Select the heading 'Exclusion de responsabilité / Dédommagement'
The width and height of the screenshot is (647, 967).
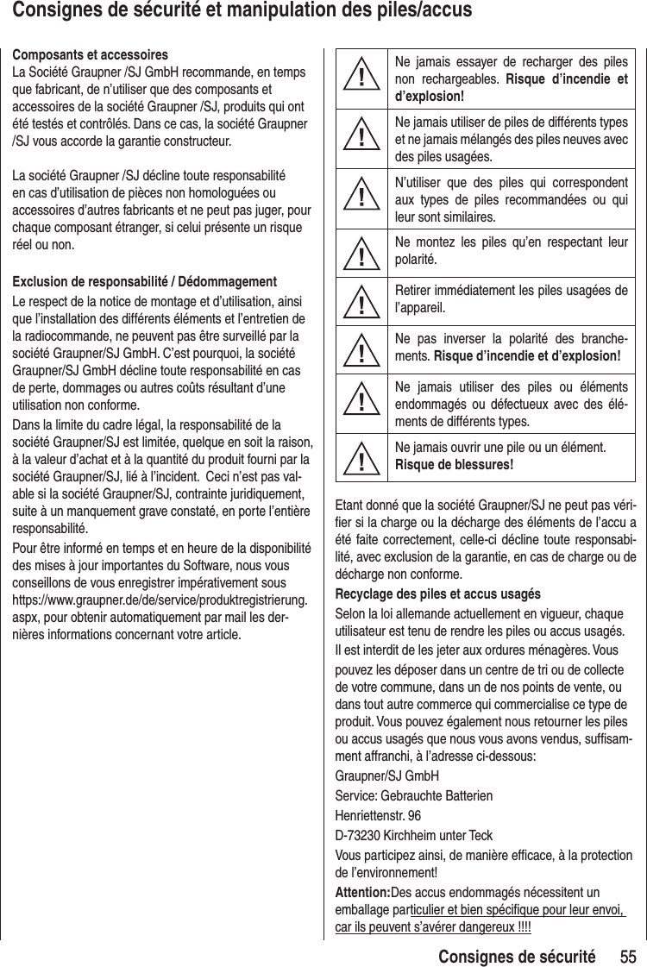pos(142,283)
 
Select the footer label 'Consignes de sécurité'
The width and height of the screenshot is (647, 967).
pos(516,956)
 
